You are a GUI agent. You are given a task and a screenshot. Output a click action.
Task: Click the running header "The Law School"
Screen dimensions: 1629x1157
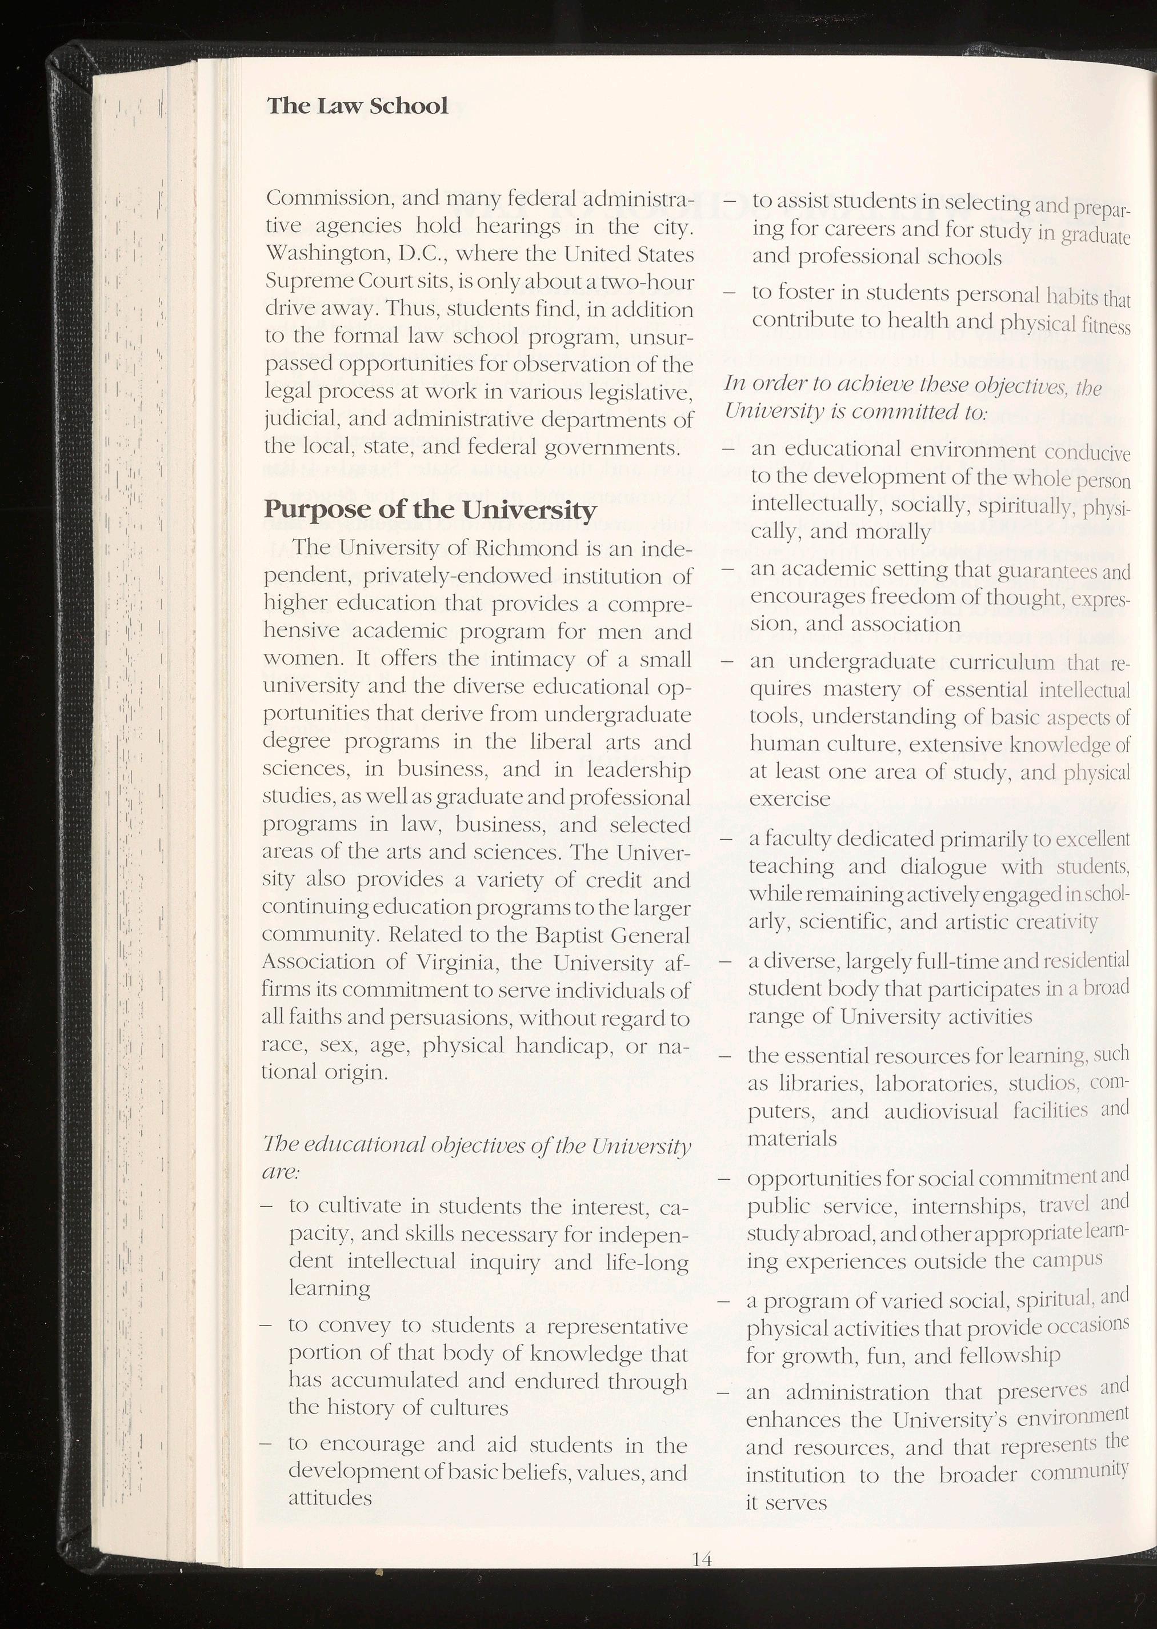pos(358,106)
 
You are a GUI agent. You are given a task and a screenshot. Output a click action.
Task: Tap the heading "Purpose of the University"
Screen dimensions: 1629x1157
pos(430,510)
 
